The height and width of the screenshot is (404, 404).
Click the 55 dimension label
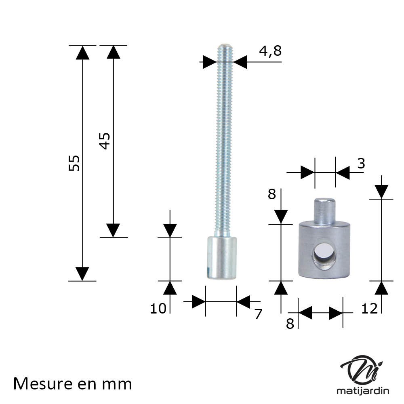point(74,163)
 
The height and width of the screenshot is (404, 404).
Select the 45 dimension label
point(105,141)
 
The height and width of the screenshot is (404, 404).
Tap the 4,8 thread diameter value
point(270,51)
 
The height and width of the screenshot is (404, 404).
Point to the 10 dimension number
point(158,308)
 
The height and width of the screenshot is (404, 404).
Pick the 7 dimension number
point(258,314)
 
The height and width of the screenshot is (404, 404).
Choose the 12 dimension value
point(370,308)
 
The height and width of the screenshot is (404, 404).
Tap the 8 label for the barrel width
point(290,324)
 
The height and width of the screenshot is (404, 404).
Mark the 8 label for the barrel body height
point(272,194)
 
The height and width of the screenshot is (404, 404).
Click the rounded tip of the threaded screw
point(225,46)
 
